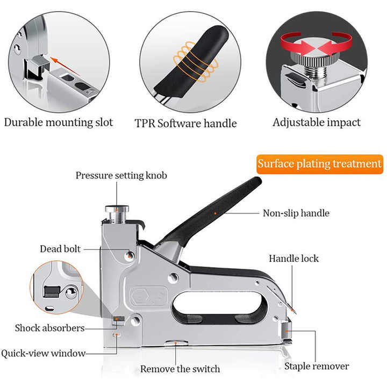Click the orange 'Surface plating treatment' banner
click(x=319, y=164)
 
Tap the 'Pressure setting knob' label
click(x=121, y=175)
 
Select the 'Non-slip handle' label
click(x=296, y=213)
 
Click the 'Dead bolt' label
click(x=60, y=249)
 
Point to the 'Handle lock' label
click(x=293, y=259)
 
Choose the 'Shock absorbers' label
click(x=49, y=327)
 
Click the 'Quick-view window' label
click(x=43, y=353)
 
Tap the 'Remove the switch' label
click(x=180, y=369)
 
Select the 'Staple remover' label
click(x=317, y=366)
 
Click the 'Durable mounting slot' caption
click(x=59, y=122)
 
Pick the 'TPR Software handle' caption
click(x=185, y=123)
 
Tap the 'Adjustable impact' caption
click(x=317, y=122)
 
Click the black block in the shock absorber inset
click(x=52, y=291)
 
